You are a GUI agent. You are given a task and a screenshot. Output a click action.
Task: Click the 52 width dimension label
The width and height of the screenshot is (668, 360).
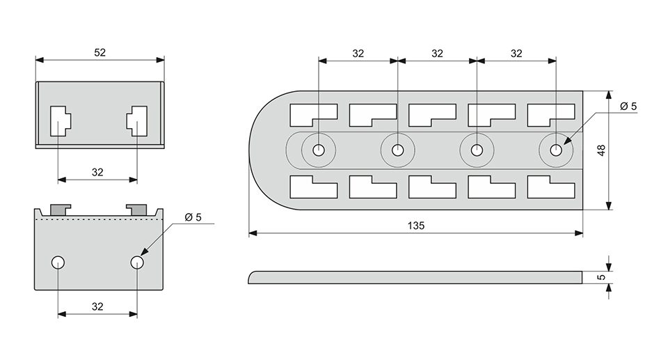pos(100,52)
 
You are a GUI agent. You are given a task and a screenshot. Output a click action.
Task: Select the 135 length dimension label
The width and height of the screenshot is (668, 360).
pos(416,226)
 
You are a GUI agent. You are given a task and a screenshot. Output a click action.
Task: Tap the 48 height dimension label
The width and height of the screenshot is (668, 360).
pos(601,150)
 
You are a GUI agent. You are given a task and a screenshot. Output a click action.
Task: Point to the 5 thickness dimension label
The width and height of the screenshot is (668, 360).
pos(601,277)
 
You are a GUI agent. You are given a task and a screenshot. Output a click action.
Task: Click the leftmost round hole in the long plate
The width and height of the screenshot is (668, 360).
pos(319,150)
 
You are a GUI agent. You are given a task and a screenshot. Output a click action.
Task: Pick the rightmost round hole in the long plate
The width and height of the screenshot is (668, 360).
pos(556,150)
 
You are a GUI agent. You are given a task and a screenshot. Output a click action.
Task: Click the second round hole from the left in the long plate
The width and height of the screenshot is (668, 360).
pos(398,150)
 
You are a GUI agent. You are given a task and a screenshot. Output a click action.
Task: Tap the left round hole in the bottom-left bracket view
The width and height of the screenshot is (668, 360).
pos(58,263)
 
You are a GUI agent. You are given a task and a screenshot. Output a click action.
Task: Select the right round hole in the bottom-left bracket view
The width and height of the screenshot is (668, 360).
pos(137,263)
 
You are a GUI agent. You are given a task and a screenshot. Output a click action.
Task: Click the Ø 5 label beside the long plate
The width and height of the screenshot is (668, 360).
pos(628,107)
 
